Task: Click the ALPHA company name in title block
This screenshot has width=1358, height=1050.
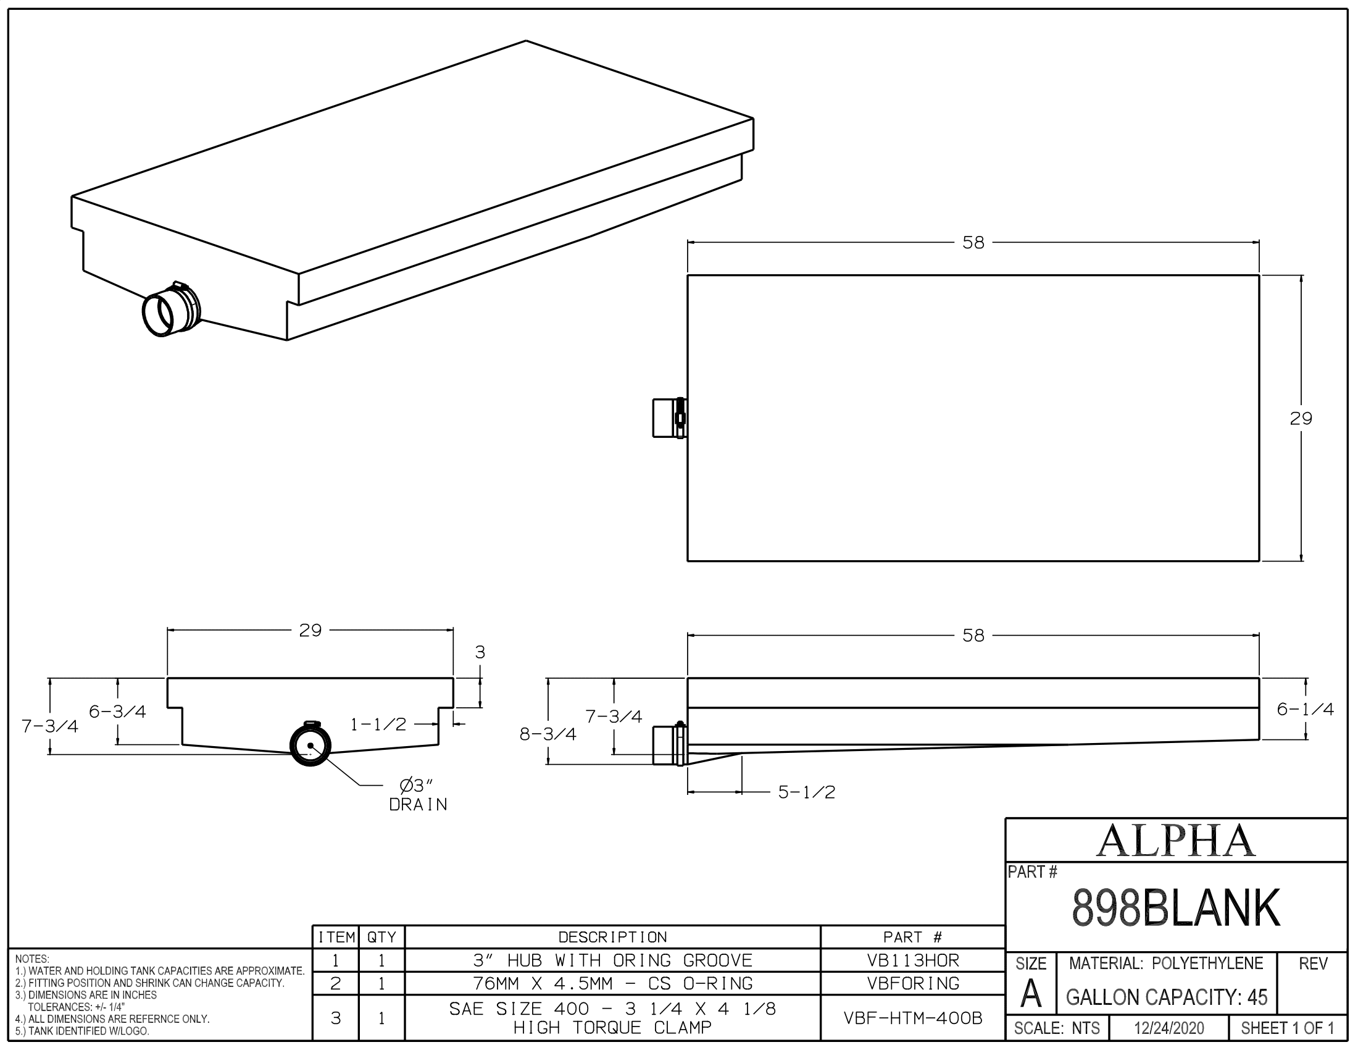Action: (x=1175, y=841)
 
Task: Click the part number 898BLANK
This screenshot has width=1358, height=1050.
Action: (x=1175, y=909)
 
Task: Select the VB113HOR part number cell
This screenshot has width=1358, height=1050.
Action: (x=913, y=960)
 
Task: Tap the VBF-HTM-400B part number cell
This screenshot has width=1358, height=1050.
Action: (x=913, y=1018)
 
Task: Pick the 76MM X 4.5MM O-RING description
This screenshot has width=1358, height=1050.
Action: (x=612, y=983)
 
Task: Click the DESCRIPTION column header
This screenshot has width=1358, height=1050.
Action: (x=612, y=938)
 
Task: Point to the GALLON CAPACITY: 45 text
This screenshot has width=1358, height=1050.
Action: (x=1167, y=997)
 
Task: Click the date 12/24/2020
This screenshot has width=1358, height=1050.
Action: (x=1169, y=1028)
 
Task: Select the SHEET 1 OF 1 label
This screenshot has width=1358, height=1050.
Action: (x=1287, y=1028)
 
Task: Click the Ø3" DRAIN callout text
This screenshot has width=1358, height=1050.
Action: (x=418, y=795)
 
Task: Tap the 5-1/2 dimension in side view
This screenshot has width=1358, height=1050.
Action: (x=807, y=792)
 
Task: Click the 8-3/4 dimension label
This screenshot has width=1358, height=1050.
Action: (x=548, y=734)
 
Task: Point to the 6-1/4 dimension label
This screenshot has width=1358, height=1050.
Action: (x=1305, y=709)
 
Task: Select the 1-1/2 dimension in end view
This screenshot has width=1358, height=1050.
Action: (x=378, y=724)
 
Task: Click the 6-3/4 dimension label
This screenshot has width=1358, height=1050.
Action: (x=117, y=712)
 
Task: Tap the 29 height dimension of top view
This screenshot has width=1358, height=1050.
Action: (x=1301, y=419)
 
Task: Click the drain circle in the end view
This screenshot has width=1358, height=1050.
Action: (x=310, y=745)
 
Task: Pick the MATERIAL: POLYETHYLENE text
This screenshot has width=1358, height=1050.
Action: (x=1166, y=964)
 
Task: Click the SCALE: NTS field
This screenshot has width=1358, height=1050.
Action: (x=1056, y=1028)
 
